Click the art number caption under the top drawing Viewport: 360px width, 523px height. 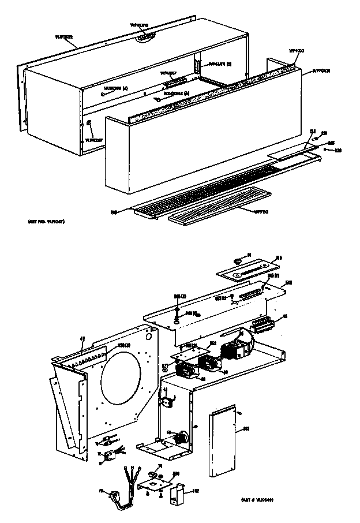click(44, 222)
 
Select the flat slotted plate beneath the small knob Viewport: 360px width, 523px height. click(248, 270)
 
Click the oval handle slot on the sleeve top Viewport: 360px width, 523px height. click(147, 36)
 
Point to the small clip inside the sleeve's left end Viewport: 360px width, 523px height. click(89, 123)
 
